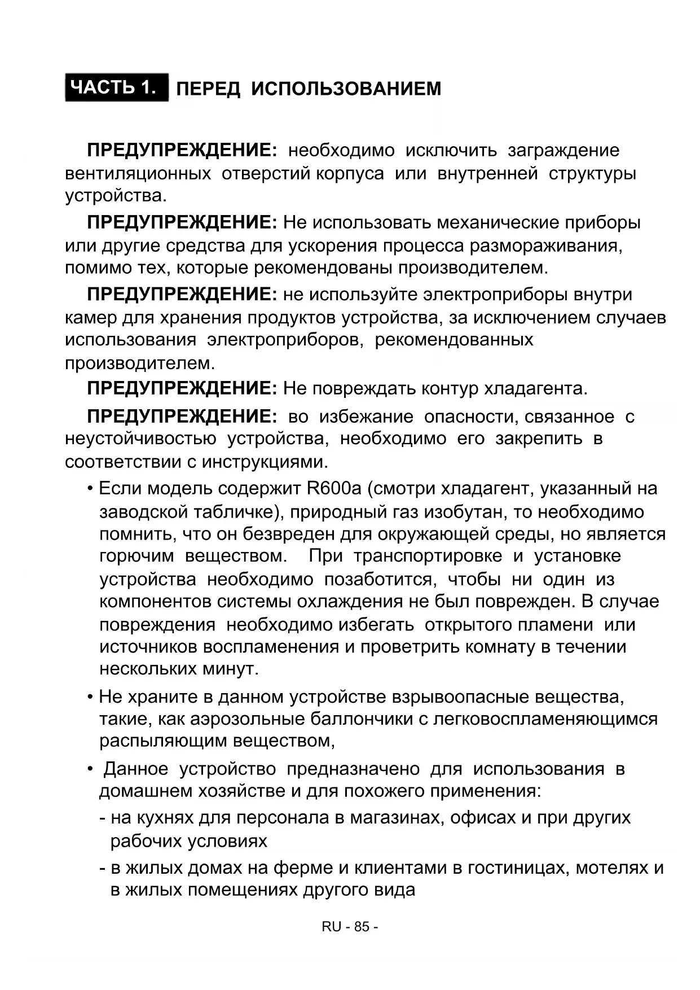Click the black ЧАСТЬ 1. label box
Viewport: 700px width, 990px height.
click(116, 87)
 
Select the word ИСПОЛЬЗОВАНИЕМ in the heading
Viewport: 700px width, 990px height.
click(346, 89)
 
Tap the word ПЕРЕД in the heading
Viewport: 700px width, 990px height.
click(208, 89)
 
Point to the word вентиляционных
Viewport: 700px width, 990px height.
click(138, 173)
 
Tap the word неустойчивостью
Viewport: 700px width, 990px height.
click(140, 439)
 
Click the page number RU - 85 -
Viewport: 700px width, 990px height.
click(350, 927)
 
